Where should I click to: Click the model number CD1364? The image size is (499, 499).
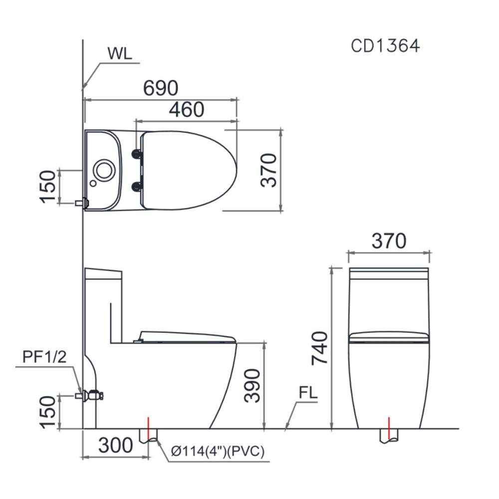pyautogui.click(x=385, y=45)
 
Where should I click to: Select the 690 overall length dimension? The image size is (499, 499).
pyautogui.click(x=161, y=88)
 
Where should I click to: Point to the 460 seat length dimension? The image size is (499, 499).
pyautogui.click(x=186, y=109)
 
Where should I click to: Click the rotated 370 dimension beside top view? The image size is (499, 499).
pyautogui.click(x=269, y=170)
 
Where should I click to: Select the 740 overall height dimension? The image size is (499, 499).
pyautogui.click(x=320, y=348)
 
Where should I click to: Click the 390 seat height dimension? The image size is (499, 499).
pyautogui.click(x=252, y=385)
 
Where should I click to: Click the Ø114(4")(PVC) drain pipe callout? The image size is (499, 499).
pyautogui.click(x=218, y=452)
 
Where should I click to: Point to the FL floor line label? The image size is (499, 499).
pyautogui.click(x=308, y=393)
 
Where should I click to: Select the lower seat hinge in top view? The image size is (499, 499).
pyautogui.click(x=135, y=186)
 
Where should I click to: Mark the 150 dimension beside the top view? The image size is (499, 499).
pyautogui.click(x=48, y=186)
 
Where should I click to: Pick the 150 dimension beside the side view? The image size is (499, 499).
pyautogui.click(x=48, y=412)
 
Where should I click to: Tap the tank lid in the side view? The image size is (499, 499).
pyautogui.click(x=103, y=273)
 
